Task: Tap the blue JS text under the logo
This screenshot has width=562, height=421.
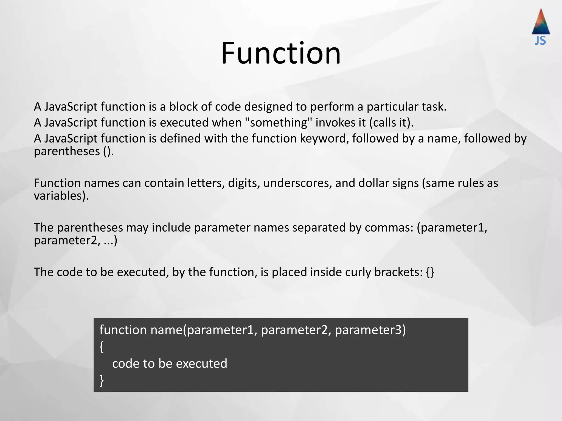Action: coord(540,41)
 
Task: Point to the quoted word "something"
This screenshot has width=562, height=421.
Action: coord(278,123)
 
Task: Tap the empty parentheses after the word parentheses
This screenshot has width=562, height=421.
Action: coord(108,151)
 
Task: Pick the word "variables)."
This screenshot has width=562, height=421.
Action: coord(61,196)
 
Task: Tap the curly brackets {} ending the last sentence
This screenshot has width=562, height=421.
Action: coord(430,272)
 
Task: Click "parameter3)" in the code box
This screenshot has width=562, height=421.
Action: coord(370,330)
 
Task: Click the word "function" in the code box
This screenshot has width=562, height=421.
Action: coord(123,330)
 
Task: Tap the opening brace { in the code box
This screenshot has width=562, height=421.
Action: coord(102,347)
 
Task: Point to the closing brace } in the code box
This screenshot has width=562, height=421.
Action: coord(102,380)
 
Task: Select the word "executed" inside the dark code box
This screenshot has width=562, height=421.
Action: coord(201,364)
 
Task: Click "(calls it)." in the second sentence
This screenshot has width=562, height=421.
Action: coord(391,123)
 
